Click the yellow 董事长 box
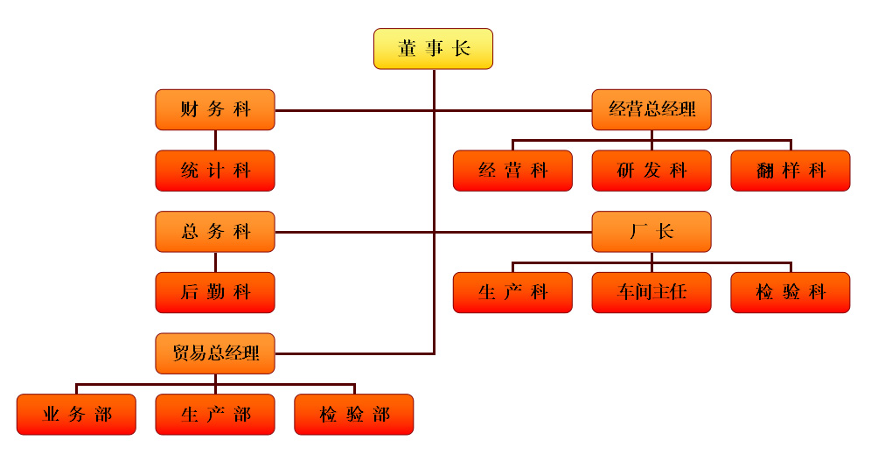tap(433, 49)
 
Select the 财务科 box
tap(215, 109)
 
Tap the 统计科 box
tap(215, 171)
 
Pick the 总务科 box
tap(215, 232)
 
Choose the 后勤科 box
tap(215, 292)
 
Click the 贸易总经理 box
tap(215, 353)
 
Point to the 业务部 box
tap(76, 415)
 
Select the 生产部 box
tap(215, 415)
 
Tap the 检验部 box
tap(353, 415)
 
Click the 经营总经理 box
tap(652, 109)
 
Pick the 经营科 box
tap(512, 171)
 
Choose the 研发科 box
tap(652, 171)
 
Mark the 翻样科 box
tap(791, 171)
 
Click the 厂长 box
tap(652, 232)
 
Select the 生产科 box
tap(512, 292)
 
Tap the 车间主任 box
tap(652, 292)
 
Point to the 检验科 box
tap(791, 292)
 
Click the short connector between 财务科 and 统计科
tap(215, 140)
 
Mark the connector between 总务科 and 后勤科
tap(215, 262)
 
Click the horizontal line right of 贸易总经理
tap(354, 353)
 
